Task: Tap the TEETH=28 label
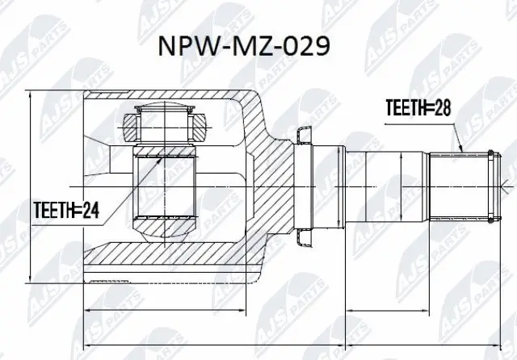click(x=418, y=106)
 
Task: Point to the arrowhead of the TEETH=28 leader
click(x=460, y=151)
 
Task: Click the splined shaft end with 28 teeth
click(x=460, y=186)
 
